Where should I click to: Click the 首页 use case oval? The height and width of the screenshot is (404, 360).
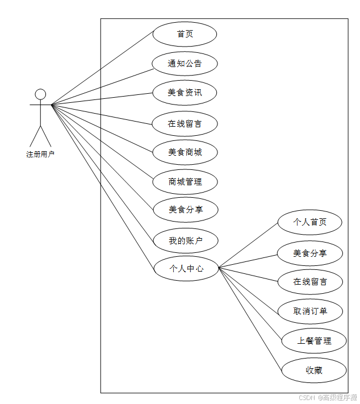(x=185, y=34)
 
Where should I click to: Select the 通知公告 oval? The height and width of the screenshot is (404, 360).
(x=185, y=64)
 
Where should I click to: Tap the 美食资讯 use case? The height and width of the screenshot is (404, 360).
(x=185, y=93)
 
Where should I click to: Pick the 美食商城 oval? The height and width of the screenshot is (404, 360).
(x=185, y=152)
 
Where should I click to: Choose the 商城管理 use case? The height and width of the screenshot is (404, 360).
(x=185, y=182)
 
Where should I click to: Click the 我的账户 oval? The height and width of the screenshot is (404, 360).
(x=186, y=240)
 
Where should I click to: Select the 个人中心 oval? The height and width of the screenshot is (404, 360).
(x=186, y=269)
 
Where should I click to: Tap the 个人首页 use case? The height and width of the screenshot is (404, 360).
(x=309, y=222)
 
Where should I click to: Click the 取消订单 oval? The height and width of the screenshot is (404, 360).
(x=310, y=311)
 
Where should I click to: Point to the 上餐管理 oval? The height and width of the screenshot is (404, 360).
(x=314, y=341)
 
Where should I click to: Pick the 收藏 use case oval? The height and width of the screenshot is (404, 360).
(x=314, y=370)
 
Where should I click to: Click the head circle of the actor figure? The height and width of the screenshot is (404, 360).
(x=40, y=94)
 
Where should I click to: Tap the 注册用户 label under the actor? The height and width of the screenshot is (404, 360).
(x=40, y=154)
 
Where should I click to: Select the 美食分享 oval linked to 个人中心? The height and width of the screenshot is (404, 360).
(x=309, y=253)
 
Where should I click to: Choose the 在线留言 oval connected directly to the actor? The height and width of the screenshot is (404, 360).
(x=185, y=123)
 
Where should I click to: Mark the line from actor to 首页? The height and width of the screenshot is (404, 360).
(x=102, y=69)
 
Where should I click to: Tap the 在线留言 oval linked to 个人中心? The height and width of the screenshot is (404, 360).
(x=310, y=281)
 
